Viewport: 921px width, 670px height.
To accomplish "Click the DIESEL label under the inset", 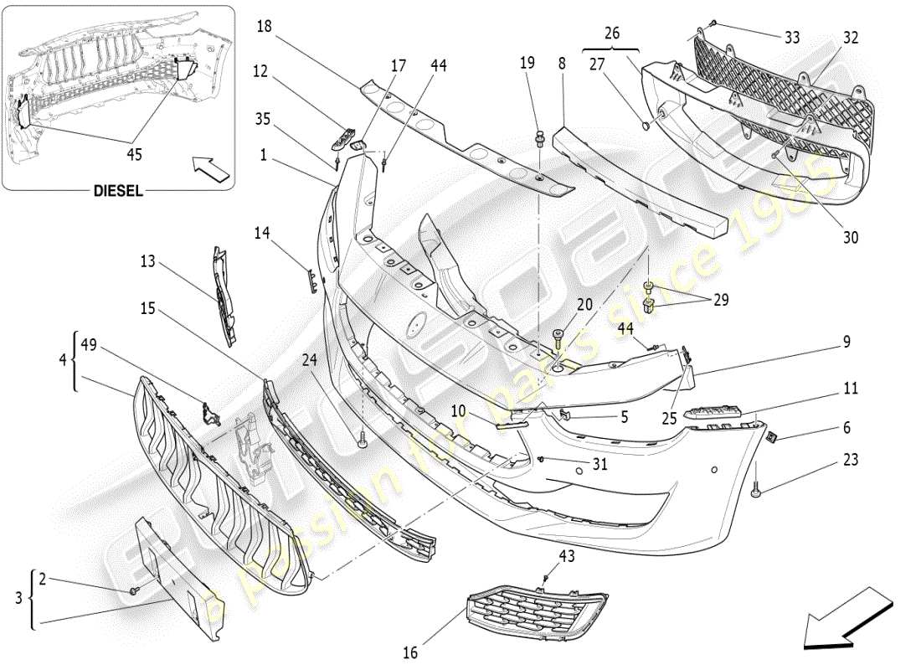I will [117, 191].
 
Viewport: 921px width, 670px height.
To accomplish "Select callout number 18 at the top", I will [265, 27].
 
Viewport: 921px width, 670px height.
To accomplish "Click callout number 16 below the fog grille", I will [410, 652].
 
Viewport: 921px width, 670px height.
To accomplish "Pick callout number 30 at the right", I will [851, 238].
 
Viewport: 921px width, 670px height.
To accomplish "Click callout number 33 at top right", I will [792, 38].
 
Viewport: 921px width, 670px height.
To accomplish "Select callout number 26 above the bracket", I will [613, 33].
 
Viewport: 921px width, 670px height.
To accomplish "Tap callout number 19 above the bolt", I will [526, 62].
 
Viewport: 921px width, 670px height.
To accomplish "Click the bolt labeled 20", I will [558, 340].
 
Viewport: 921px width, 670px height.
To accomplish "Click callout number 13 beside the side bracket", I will [148, 261].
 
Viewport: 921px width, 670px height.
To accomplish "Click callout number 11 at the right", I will [851, 389].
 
